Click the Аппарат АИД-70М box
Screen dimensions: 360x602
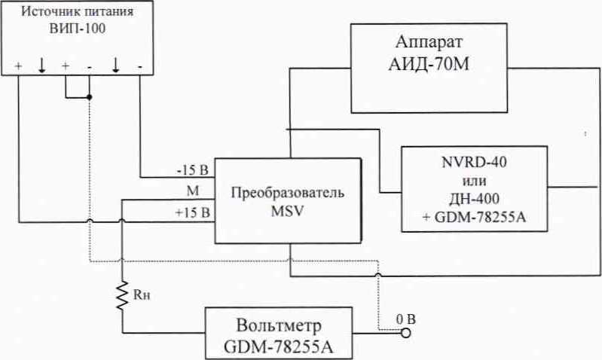pos(437,68)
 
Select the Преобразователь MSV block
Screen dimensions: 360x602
pos(288,200)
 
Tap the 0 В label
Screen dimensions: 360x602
pos(405,318)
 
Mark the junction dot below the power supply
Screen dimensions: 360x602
pos(90,98)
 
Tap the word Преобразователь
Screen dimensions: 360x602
pos(288,192)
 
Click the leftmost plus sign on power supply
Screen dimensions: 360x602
pos(18,66)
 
